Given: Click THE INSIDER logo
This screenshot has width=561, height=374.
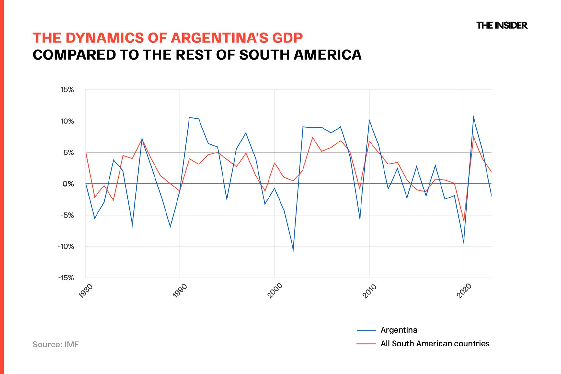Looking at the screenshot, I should [502, 26].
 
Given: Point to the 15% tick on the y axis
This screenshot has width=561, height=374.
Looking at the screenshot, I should [67, 90].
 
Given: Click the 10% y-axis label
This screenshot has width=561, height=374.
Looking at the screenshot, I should [67, 121].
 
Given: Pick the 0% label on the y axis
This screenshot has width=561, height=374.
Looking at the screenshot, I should [68, 184].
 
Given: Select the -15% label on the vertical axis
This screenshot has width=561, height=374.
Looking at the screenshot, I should [66, 278].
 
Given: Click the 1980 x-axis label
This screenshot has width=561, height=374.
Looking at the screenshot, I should [86, 291].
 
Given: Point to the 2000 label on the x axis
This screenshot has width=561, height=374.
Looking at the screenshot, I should [275, 291].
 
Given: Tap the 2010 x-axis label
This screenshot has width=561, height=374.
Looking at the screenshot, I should [370, 291].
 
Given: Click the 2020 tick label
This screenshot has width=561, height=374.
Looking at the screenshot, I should [464, 291].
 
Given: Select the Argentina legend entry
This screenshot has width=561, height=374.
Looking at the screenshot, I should [399, 330].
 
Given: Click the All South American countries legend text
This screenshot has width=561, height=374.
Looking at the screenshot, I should [435, 344].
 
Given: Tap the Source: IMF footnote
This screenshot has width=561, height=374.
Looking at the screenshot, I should [56, 345].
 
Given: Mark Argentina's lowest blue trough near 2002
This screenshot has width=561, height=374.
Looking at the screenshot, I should [293, 250].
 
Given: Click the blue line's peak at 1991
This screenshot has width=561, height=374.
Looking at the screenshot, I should [189, 117].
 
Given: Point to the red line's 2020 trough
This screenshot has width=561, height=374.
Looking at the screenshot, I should [464, 222].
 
